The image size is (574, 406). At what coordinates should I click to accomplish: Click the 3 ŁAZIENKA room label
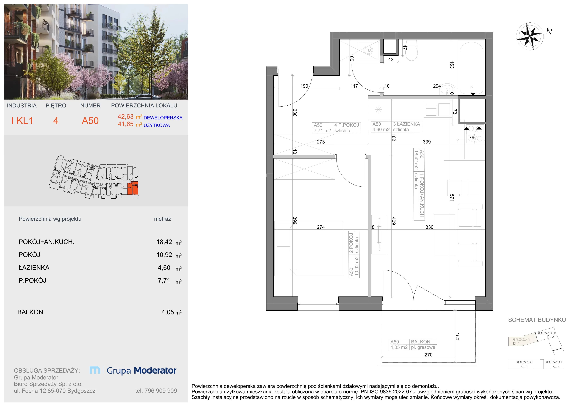pyautogui.click(x=407, y=124)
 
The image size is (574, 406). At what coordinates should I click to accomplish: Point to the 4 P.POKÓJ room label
pyautogui.click(x=346, y=125)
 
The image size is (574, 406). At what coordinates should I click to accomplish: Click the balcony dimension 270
pyautogui.click(x=428, y=355)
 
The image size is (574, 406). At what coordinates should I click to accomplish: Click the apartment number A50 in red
pyautogui.click(x=90, y=121)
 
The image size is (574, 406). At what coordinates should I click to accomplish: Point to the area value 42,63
pyautogui.click(x=126, y=117)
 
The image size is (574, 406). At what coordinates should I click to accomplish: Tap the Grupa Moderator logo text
pyautogui.click(x=142, y=370)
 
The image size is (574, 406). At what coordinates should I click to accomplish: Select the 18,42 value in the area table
pyautogui.click(x=164, y=242)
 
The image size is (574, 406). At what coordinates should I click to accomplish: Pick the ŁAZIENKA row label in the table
pyautogui.click(x=34, y=268)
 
